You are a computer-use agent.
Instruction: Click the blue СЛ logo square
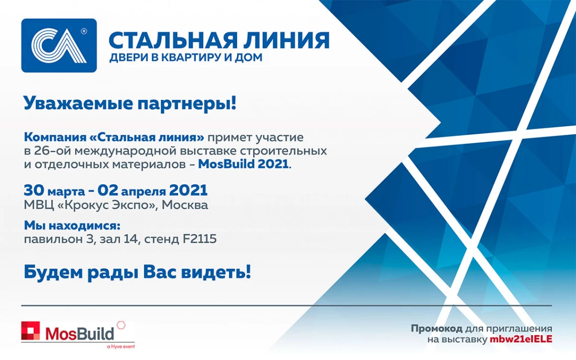(59, 46)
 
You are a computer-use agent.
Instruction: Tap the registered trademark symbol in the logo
(83, 32)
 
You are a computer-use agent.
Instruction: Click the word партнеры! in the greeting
(187, 104)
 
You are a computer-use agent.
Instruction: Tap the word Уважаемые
(78, 103)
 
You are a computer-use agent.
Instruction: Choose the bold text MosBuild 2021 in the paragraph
(243, 163)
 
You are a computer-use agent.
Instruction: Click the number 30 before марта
(34, 190)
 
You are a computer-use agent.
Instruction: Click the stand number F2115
(199, 239)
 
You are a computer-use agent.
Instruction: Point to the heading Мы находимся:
(72, 225)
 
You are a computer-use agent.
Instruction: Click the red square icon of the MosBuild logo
(31, 330)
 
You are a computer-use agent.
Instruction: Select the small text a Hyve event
(121, 346)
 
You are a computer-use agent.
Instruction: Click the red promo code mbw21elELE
(521, 339)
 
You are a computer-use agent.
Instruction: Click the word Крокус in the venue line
(82, 205)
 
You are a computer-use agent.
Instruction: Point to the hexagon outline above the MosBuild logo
(121, 325)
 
